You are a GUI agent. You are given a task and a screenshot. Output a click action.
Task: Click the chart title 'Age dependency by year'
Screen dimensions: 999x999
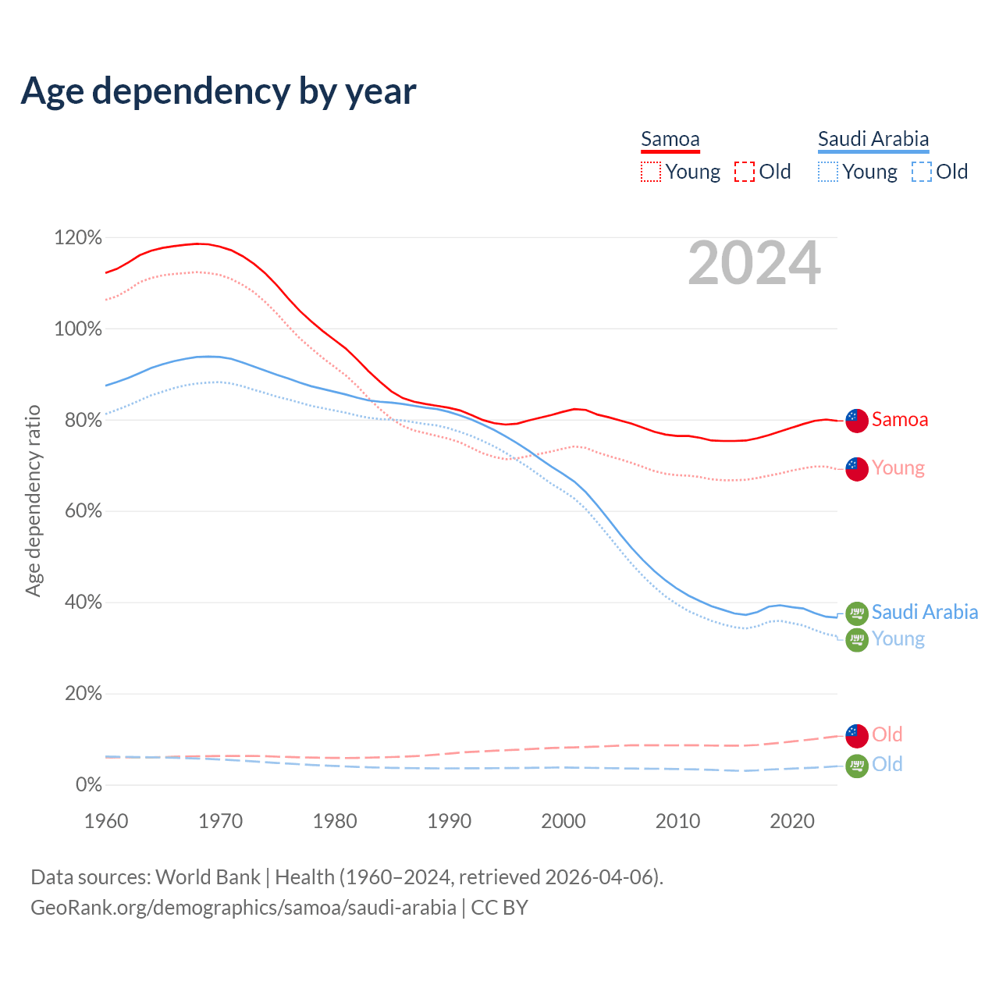(219, 91)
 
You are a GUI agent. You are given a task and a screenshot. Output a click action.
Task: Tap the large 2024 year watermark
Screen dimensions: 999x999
(754, 263)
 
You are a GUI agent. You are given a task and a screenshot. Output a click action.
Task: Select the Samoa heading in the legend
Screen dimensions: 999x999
(670, 140)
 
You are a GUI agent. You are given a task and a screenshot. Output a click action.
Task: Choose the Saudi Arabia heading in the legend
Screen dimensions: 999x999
(873, 140)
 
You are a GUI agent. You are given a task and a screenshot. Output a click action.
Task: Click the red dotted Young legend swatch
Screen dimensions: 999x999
(650, 172)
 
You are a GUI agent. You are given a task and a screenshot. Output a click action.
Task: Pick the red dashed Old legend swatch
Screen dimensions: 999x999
(745, 172)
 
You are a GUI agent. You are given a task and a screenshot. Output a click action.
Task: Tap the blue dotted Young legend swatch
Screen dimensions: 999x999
(827, 172)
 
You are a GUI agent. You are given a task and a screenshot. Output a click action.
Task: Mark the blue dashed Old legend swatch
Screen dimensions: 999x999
(922, 172)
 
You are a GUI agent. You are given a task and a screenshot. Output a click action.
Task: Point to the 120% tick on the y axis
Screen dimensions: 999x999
(78, 237)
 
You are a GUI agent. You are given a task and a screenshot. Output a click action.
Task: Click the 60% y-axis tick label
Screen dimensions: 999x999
(78, 511)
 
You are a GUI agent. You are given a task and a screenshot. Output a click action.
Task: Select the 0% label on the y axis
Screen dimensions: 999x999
(88, 785)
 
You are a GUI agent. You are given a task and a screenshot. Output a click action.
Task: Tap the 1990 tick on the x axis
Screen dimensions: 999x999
(450, 821)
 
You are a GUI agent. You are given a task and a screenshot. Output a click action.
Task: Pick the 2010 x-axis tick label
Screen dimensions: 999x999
(677, 821)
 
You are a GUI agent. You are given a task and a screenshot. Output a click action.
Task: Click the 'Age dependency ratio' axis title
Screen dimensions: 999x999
(33, 500)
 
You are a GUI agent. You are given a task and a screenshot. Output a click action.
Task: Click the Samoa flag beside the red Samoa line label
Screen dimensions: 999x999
(857, 420)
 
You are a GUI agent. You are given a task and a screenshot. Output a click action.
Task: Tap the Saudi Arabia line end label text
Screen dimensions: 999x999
(925, 612)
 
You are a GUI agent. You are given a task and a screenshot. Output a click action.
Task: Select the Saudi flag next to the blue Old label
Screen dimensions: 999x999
(857, 766)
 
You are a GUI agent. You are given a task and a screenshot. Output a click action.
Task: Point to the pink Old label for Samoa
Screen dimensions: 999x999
(887, 734)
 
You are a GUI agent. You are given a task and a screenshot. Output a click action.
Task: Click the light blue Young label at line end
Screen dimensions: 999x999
(898, 639)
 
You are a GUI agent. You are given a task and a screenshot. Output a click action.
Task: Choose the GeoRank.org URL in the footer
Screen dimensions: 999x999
(244, 908)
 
